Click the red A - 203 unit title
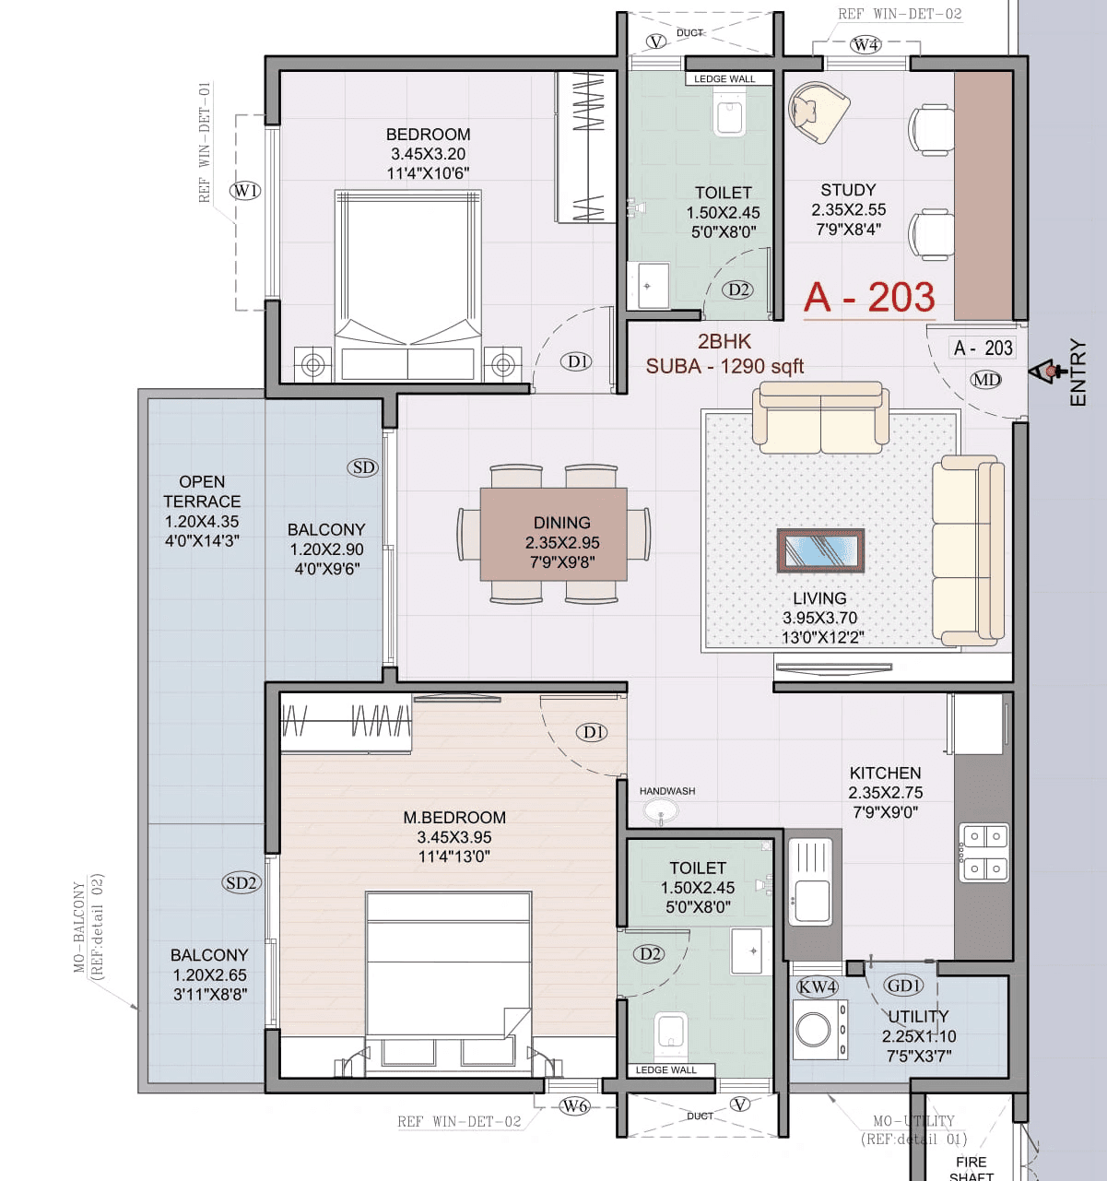click(868, 298)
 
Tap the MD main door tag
click(985, 380)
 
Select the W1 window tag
click(245, 191)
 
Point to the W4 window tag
click(866, 44)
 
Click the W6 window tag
click(574, 1106)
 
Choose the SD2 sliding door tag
click(241, 882)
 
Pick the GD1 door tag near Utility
click(903, 986)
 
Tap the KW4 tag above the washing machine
click(817, 986)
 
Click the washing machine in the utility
click(819, 1029)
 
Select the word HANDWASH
click(667, 791)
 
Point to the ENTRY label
click(1078, 372)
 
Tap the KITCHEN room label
click(885, 773)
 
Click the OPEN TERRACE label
click(202, 491)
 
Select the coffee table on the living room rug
click(819, 550)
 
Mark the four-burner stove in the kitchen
click(983, 852)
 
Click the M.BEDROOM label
click(454, 818)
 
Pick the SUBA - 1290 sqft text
click(724, 366)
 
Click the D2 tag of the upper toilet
click(738, 289)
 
